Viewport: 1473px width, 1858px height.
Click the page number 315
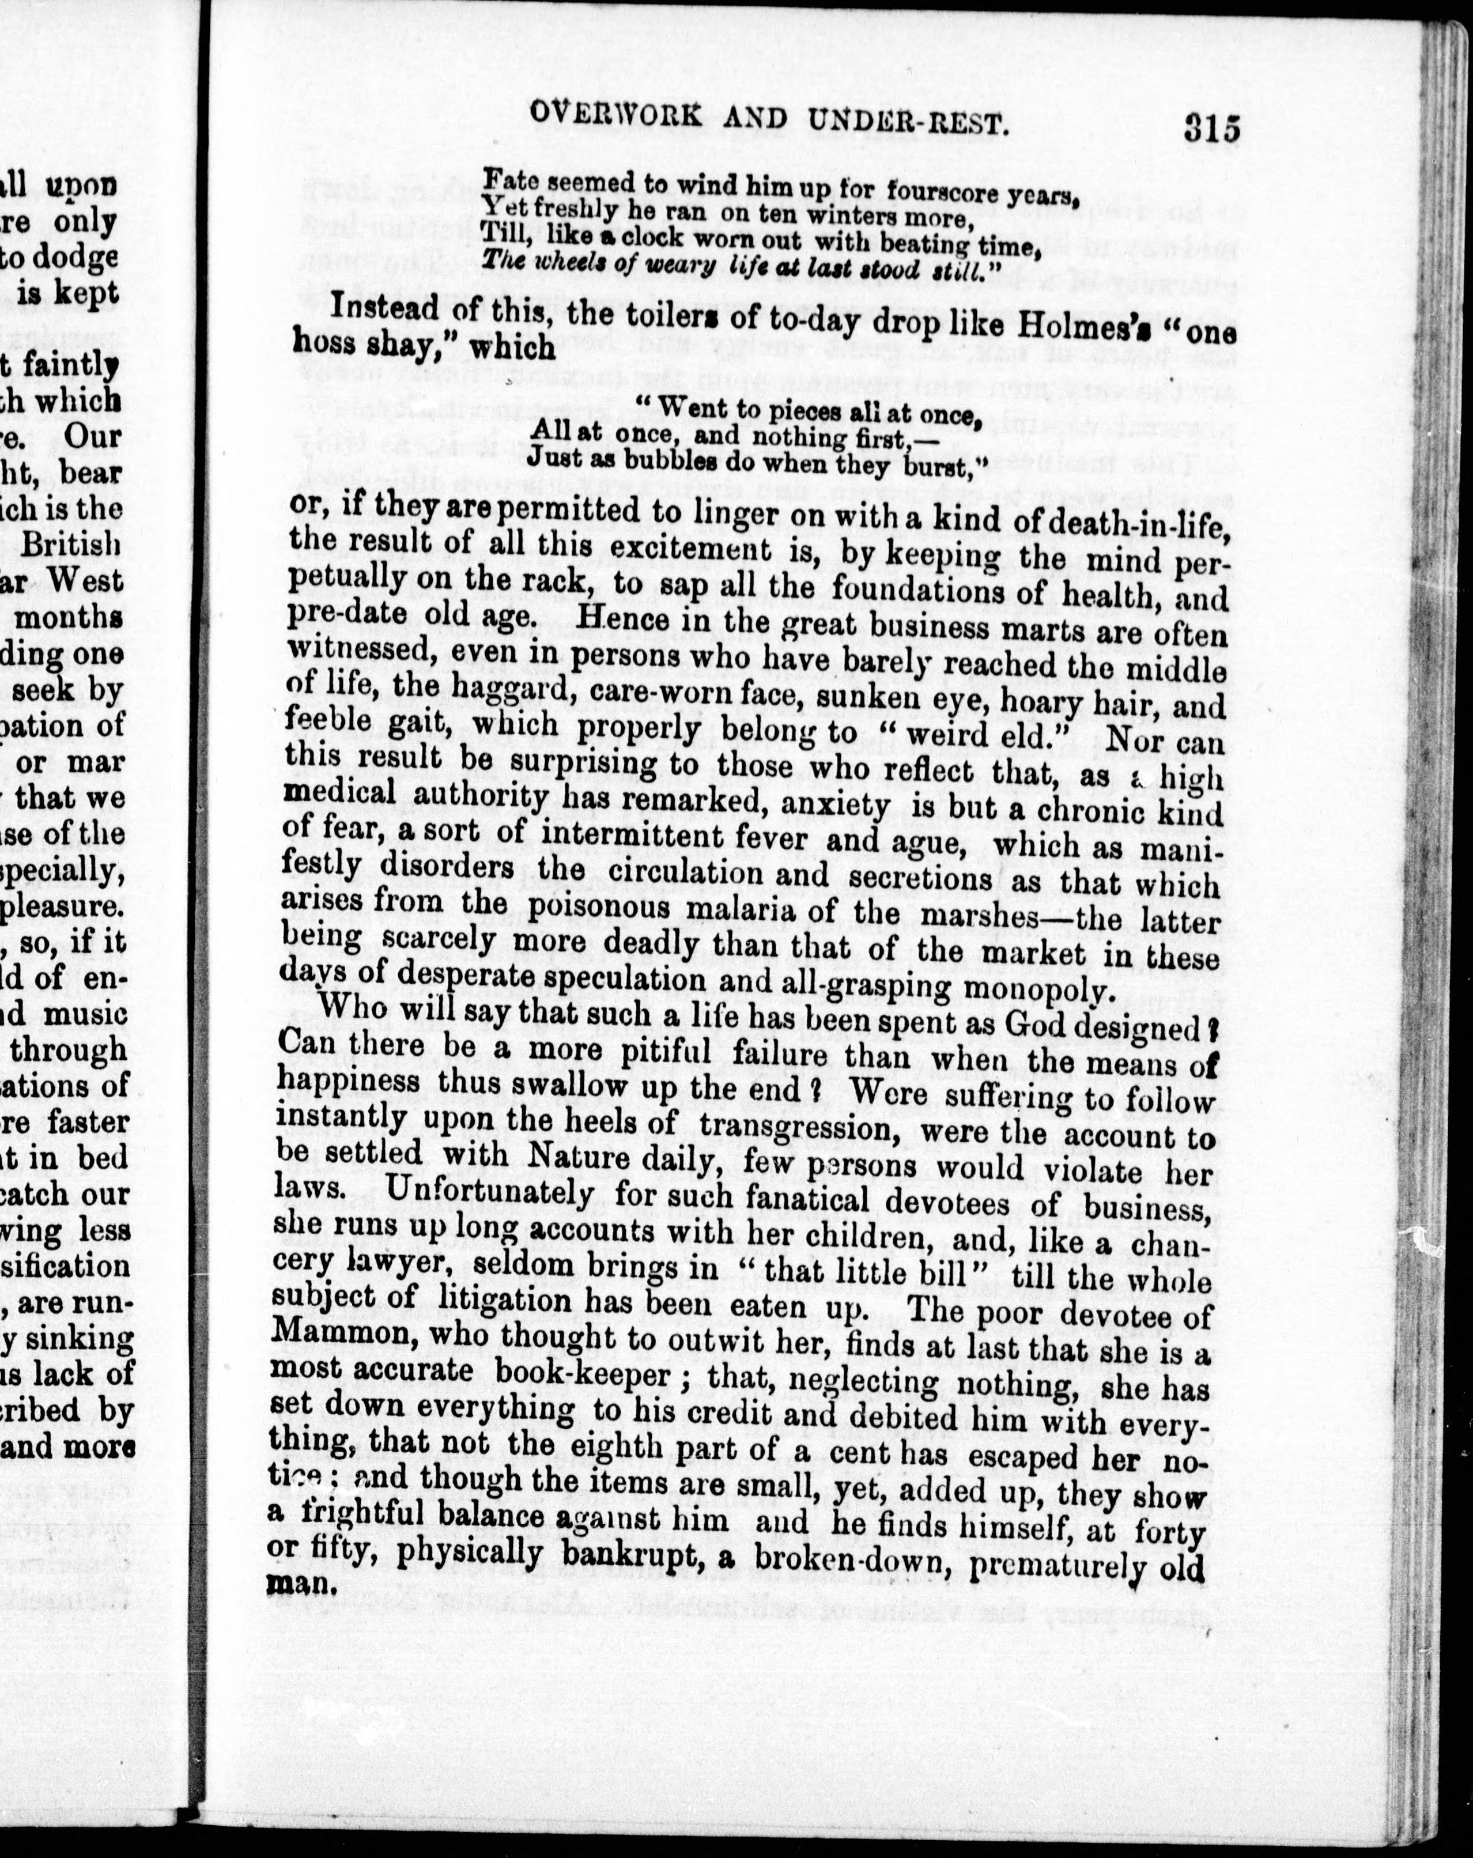click(x=1211, y=130)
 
